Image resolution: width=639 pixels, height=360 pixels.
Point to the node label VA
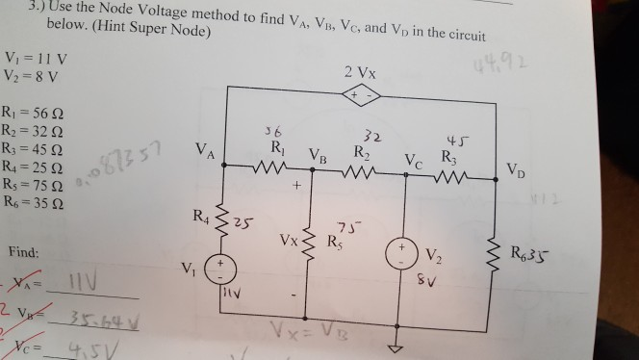pos(204,151)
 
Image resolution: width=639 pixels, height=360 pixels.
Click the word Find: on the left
pos(24,253)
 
